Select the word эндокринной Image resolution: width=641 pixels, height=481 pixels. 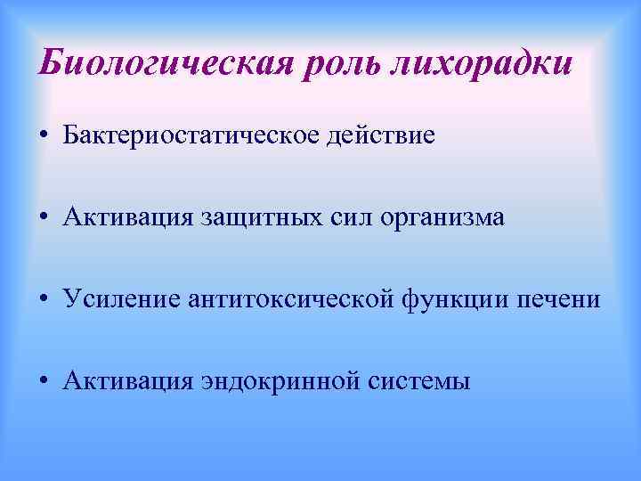[x=270, y=382]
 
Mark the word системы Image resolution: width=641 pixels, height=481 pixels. [x=418, y=381]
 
